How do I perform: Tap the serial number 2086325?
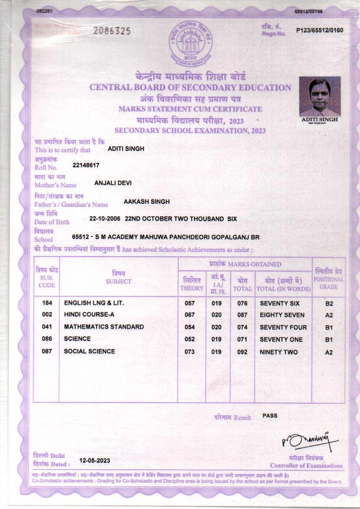pos(112,31)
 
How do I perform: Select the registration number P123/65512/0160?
pos(320,30)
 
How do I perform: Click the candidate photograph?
pos(320,96)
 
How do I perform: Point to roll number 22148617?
pos(87,165)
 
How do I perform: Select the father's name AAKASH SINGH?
pos(147,202)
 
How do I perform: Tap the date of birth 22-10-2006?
pos(104,219)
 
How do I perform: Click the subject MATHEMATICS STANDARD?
pos(104,327)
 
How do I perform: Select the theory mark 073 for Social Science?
pos(189,352)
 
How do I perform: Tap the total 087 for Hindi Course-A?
pos(242,315)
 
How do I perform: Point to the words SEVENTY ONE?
pos(281,340)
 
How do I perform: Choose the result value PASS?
pos(270,416)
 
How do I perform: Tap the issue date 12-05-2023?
pos(94,461)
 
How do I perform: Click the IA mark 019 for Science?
pos(216,340)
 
